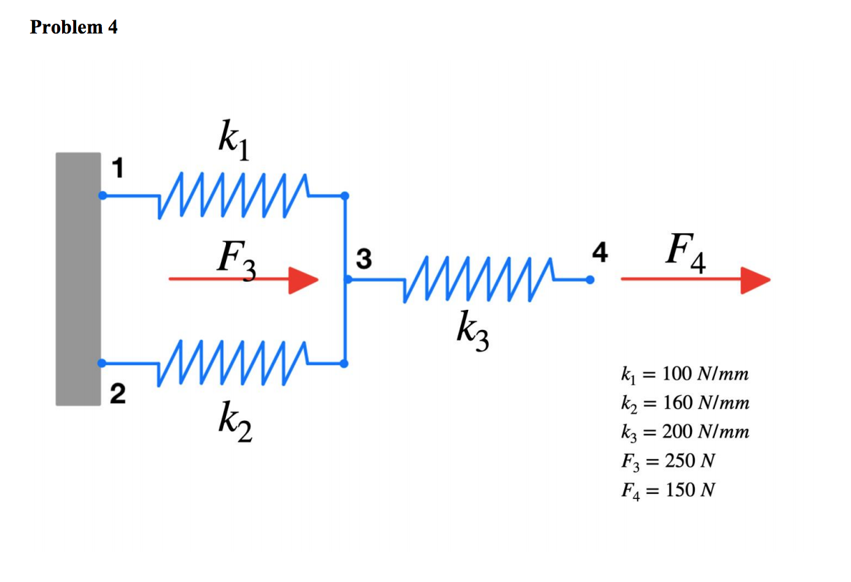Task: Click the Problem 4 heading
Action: coord(74,27)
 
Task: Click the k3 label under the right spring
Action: coord(472,329)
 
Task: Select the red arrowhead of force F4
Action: coord(755,279)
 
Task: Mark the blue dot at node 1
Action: coord(103,195)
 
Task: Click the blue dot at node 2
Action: coord(103,363)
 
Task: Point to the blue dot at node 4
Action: coord(590,280)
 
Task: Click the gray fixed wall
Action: coord(78,279)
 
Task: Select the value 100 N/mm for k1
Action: coord(705,374)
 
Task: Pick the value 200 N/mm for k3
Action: coord(705,432)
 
